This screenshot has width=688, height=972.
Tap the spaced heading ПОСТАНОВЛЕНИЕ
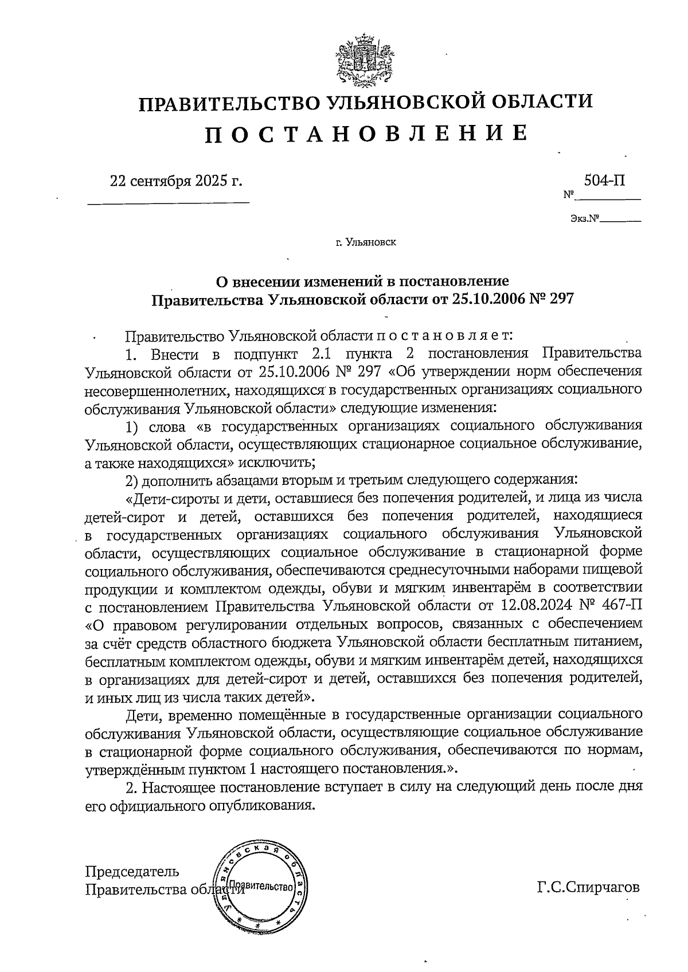click(x=366, y=134)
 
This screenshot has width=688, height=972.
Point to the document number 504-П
click(x=604, y=181)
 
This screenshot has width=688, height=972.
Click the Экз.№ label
click(x=584, y=219)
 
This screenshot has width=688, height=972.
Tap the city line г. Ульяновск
click(x=366, y=243)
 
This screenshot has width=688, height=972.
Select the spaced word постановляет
click(x=440, y=334)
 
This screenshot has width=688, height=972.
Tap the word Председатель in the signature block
click(x=132, y=872)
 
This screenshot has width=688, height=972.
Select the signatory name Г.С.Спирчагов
click(x=588, y=888)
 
